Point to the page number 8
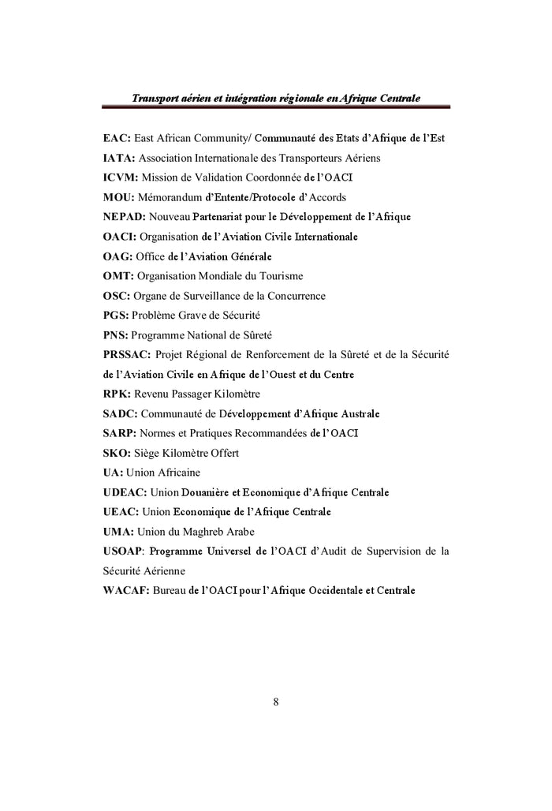[x=276, y=701]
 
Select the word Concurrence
[x=295, y=296]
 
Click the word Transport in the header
[x=156, y=98]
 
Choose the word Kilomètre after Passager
[x=233, y=394]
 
